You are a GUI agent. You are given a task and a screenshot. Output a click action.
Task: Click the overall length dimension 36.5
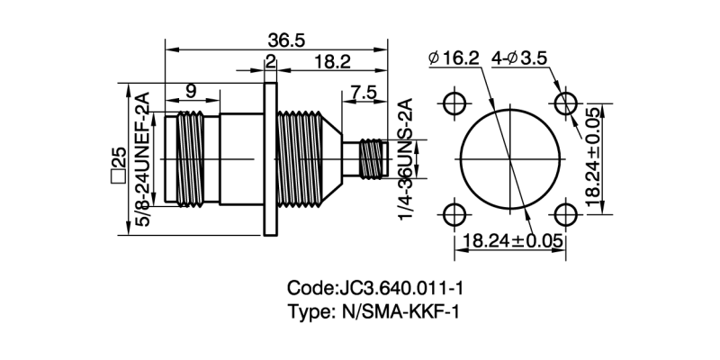tap(286, 40)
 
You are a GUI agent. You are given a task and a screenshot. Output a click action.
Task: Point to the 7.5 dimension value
tap(364, 93)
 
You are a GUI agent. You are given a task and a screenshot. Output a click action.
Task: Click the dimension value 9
tap(191, 91)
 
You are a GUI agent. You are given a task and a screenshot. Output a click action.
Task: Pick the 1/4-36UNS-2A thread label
tap(404, 160)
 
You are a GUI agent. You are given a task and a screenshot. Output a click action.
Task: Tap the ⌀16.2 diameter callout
tap(454, 58)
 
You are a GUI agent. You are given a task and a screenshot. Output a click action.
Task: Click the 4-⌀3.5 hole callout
tap(519, 58)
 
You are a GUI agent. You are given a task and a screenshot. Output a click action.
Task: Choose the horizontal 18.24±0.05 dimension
tap(514, 241)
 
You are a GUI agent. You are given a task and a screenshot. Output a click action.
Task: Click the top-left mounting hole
tap(455, 103)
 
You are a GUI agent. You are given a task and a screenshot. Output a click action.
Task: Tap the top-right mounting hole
tap(565, 103)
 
